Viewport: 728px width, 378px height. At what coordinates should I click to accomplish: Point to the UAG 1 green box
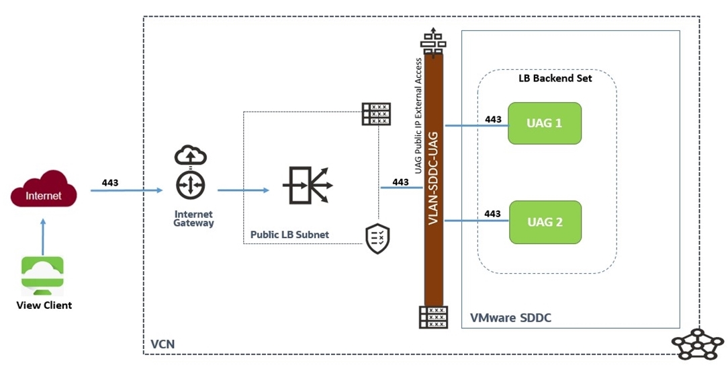[544, 123]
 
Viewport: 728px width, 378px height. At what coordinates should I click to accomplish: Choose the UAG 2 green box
[544, 221]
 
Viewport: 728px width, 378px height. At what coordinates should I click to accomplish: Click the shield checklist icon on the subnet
[377, 239]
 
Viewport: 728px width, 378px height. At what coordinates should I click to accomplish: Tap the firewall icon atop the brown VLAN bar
[433, 41]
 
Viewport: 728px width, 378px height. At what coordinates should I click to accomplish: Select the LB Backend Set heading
[555, 78]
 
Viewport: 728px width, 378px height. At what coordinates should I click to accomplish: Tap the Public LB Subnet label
[289, 235]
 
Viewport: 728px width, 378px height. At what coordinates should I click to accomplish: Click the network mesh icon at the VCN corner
[697, 345]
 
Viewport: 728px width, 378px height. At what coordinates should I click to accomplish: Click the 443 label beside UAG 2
[492, 214]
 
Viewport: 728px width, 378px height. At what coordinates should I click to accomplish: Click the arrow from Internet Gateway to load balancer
[242, 190]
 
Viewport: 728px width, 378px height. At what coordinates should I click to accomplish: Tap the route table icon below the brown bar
[433, 317]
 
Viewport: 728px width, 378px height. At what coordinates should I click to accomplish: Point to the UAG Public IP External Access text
[418, 116]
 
